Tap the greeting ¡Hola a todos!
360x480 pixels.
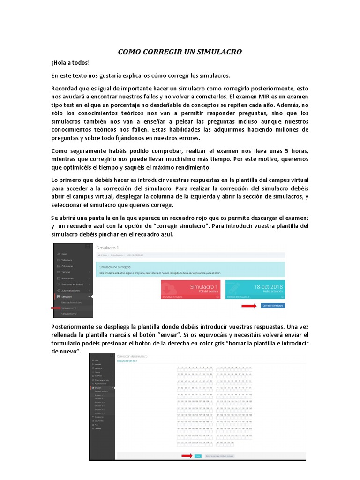(70, 63)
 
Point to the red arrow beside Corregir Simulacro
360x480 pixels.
(248, 305)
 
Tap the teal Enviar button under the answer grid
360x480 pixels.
(198, 455)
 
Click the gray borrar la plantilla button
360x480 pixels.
(220, 455)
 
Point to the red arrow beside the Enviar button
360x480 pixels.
(187, 455)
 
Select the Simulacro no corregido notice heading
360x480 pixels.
(115, 266)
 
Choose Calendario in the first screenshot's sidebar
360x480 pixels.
(68, 266)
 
